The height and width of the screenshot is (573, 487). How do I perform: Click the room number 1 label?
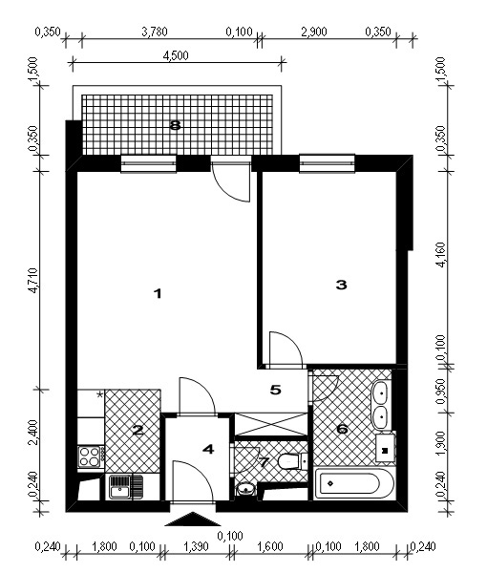(158, 293)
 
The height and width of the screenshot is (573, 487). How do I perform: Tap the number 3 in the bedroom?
(341, 285)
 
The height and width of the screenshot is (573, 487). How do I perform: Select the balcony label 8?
(176, 126)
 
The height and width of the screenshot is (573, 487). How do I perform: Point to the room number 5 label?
(275, 391)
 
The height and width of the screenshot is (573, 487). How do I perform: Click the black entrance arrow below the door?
(191, 520)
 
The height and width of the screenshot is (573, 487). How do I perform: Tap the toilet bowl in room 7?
(288, 461)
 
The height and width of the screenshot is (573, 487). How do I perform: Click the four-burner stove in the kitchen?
(90, 456)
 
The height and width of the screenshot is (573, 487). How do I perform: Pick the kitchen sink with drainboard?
(126, 487)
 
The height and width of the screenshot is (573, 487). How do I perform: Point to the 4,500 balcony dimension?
(176, 55)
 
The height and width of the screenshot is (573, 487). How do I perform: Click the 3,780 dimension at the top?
(155, 32)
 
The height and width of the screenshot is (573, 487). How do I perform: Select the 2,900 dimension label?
(314, 32)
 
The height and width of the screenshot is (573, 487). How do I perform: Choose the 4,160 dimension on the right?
(441, 255)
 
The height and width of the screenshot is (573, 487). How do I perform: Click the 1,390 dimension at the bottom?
(197, 546)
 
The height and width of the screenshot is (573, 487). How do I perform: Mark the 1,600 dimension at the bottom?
(270, 546)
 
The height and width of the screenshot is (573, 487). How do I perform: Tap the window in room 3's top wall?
(327, 163)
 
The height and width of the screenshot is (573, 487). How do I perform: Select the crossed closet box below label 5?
(271, 424)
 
